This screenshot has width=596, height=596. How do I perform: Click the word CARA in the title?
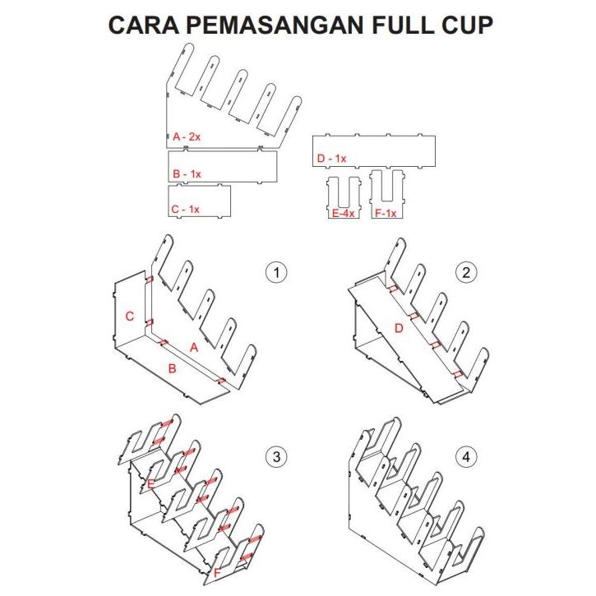pyautogui.click(x=140, y=25)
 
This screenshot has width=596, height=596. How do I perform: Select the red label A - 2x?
pyautogui.click(x=187, y=136)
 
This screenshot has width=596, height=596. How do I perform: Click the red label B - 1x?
pyautogui.click(x=187, y=173)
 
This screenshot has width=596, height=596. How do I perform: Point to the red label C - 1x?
pyautogui.click(x=186, y=210)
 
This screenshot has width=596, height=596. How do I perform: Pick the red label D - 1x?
pyautogui.click(x=331, y=158)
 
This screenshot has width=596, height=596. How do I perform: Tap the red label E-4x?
pyautogui.click(x=344, y=213)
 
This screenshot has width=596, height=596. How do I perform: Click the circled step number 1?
pyautogui.click(x=277, y=273)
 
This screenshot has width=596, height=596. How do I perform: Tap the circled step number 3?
pyautogui.click(x=277, y=456)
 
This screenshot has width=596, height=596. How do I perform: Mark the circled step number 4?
pyautogui.click(x=466, y=456)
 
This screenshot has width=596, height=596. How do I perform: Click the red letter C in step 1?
pyautogui.click(x=129, y=316)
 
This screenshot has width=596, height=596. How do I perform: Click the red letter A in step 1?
pyautogui.click(x=194, y=348)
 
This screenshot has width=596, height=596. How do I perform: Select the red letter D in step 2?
pyautogui.click(x=399, y=329)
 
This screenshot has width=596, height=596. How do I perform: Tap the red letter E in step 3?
pyautogui.click(x=151, y=484)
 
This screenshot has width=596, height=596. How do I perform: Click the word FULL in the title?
pyautogui.click(x=400, y=25)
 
